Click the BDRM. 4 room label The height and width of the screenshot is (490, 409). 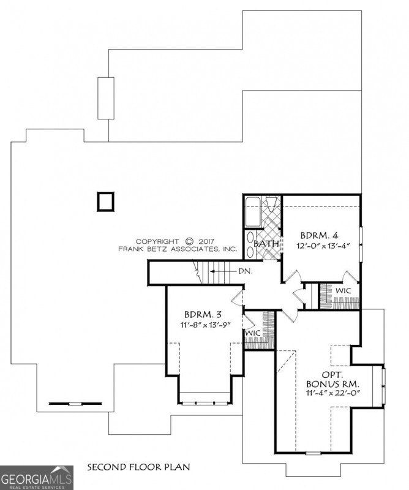317,235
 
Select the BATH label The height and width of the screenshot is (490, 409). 267,244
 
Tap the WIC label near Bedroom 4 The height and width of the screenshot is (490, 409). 343,290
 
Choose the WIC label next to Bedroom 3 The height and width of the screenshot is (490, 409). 253,333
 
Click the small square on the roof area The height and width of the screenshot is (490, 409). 105,201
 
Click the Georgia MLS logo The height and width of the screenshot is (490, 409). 37,477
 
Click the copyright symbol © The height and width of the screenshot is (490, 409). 189,241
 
